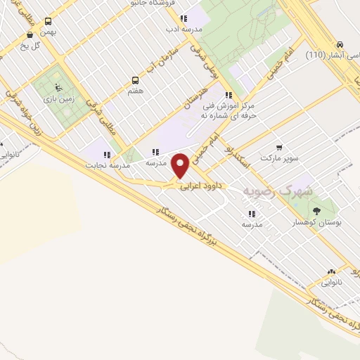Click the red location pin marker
coord(181,165)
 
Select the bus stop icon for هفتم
coord(135,81)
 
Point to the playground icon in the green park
coord(58,88)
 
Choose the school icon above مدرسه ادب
coord(183,19)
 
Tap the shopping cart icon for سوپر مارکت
coord(279,148)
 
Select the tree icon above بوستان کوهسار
coord(316,210)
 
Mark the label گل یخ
coord(32,46)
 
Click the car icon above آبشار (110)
coord(340,44)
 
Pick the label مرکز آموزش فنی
coord(248,106)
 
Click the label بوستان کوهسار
coord(316,221)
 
